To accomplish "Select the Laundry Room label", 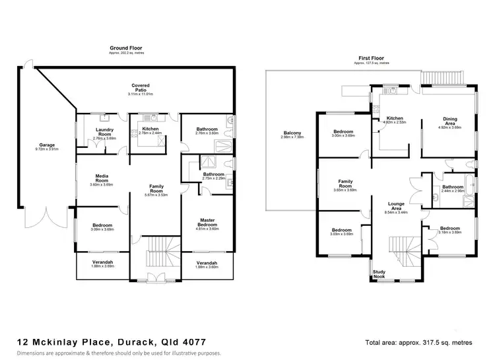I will click(x=106, y=131).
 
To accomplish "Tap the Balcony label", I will click(x=292, y=133).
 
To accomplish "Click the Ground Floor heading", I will click(x=125, y=48).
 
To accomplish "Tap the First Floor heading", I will click(x=371, y=58).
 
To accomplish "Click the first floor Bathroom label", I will click(x=452, y=187).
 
